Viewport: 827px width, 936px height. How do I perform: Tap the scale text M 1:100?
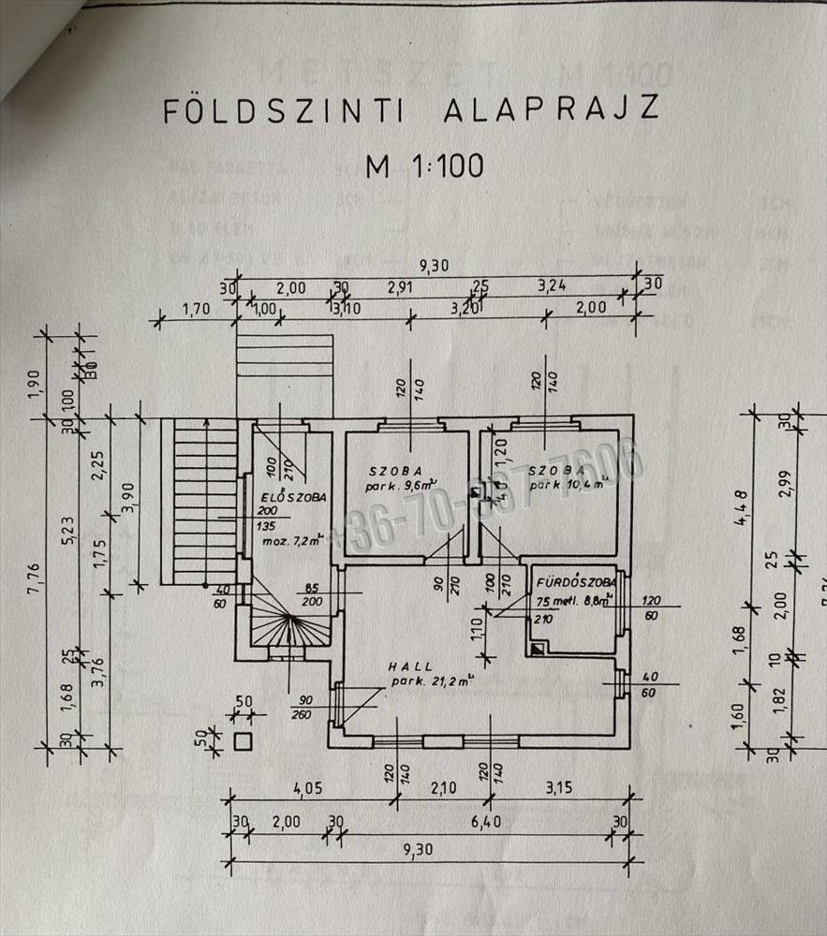coord(424,166)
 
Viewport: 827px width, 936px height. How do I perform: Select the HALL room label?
coord(412,665)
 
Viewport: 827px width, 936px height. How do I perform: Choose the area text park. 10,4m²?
coord(567,486)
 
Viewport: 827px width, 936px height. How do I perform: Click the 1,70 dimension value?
coord(195,307)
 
